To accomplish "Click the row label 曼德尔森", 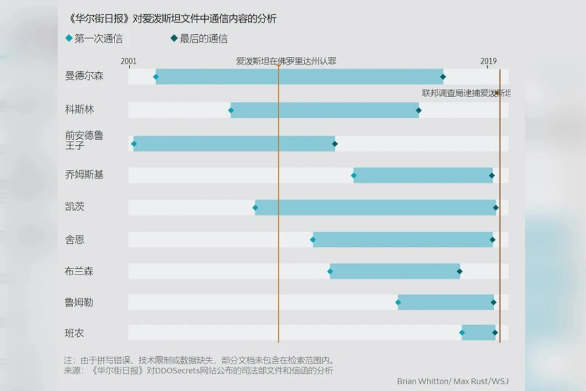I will [84, 76].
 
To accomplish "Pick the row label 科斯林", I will [79, 109].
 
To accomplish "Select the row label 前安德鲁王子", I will [84, 140].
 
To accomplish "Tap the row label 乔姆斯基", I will [84, 174].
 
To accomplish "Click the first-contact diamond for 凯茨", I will [255, 208].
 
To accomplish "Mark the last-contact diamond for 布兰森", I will [460, 272].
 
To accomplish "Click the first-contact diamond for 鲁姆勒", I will [398, 303].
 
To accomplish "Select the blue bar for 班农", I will [479, 333].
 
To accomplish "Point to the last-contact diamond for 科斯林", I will [419, 110].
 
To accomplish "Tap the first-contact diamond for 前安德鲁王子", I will [134, 144].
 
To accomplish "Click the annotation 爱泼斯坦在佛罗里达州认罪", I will [286, 61].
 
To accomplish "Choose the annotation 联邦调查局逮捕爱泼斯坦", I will [466, 92].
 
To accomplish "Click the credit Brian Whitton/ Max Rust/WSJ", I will [453, 381].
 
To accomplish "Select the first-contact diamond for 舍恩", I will [313, 239].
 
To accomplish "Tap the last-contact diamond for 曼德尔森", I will [443, 77].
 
